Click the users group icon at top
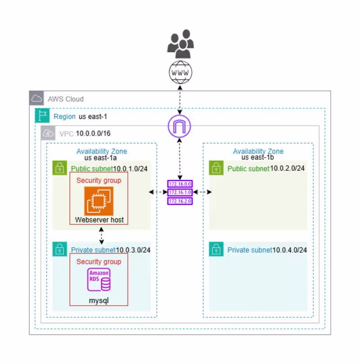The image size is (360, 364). coord(180,44)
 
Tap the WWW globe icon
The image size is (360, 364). coord(180,73)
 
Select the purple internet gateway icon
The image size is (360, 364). coord(180,126)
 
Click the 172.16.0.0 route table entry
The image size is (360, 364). coord(180,184)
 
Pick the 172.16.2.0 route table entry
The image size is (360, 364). coord(180,201)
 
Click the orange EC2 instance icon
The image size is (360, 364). coord(99,200)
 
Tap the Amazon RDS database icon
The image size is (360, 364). coord(99,280)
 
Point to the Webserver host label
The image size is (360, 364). coord(99,220)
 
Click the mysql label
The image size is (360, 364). coord(99,299)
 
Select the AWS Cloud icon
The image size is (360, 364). coord(37,99)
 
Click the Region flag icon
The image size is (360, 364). coord(42,116)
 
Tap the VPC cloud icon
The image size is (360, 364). coord(48,133)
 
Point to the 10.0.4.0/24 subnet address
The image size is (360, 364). coord(290,250)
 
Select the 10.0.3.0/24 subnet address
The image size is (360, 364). coord(133,250)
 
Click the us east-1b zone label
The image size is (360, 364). coord(258,158)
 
